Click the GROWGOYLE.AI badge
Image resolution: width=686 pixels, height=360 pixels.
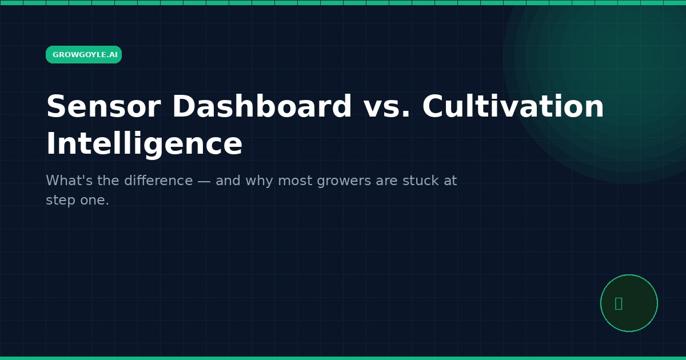(83, 54)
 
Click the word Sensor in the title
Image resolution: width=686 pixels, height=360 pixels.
(103, 106)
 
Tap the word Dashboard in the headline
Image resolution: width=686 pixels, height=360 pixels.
(262, 106)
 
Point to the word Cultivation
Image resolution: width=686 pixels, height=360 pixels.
(513, 106)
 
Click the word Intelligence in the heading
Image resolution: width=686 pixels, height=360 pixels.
(144, 144)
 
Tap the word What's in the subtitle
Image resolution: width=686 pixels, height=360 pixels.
(69, 181)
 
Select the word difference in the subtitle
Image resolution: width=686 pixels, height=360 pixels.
(159, 181)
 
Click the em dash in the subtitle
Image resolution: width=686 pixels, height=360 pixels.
(204, 181)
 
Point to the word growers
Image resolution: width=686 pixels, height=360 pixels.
(344, 182)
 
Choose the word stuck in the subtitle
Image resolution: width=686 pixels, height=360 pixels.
(421, 181)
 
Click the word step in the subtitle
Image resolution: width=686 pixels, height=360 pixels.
(61, 201)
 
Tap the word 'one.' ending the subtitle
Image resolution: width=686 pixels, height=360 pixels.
(95, 200)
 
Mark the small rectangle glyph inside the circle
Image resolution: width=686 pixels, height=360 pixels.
(619, 303)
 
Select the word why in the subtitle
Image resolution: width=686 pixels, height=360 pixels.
(259, 181)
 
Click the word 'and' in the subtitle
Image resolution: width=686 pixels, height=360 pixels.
(228, 181)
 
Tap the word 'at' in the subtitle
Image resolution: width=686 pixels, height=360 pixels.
(450, 181)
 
